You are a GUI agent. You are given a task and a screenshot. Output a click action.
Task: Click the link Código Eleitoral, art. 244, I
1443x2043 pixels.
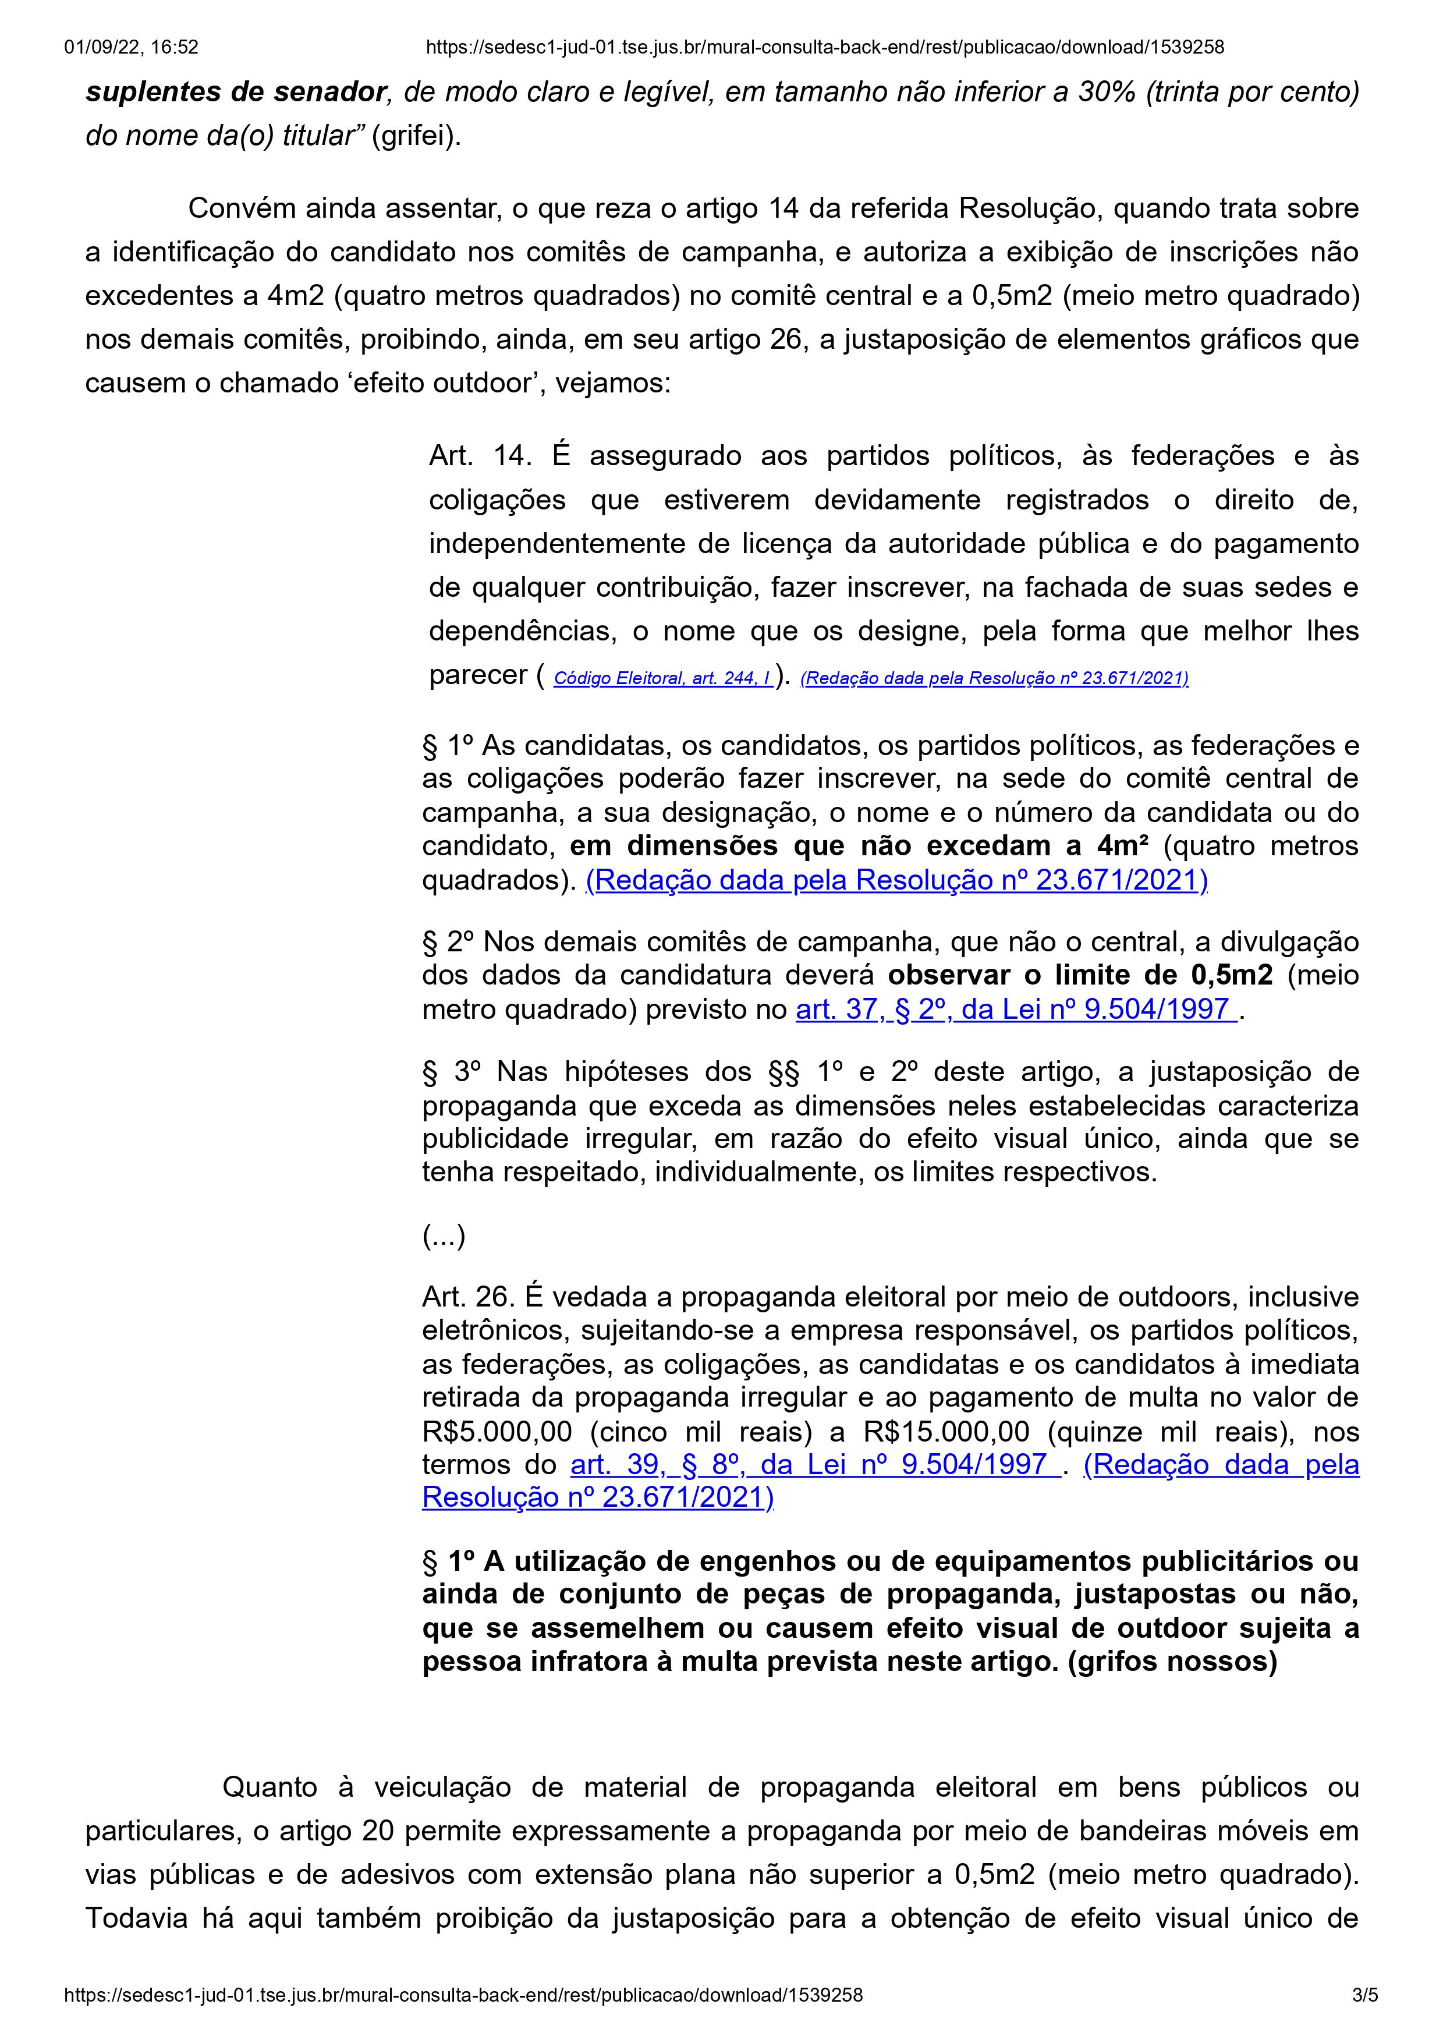coord(663,679)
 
